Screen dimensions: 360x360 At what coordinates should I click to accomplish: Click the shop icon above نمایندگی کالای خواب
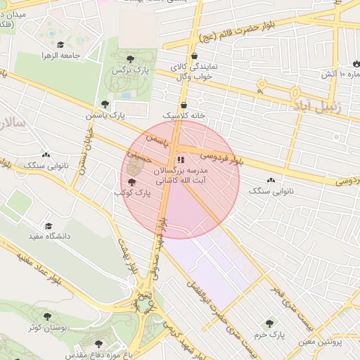click(x=194, y=56)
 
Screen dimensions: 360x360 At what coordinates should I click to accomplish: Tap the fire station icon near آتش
click(x=355, y=63)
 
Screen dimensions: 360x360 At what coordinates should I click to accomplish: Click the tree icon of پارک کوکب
click(x=132, y=181)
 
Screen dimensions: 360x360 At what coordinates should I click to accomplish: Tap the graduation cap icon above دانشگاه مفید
click(x=49, y=226)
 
